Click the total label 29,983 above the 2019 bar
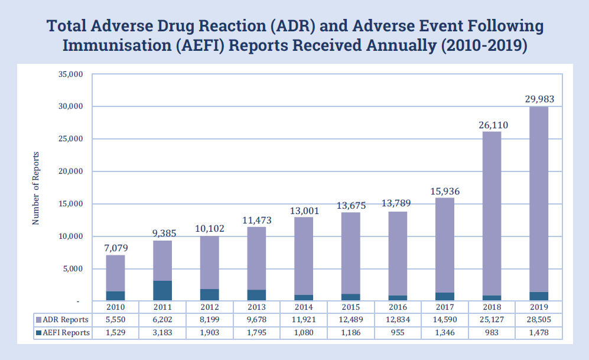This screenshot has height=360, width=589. click(x=539, y=99)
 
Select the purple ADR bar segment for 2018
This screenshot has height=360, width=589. click(x=492, y=213)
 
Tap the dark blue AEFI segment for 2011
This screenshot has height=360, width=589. click(x=162, y=291)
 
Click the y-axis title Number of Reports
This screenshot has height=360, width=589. click(x=36, y=188)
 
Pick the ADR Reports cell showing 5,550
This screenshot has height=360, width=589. click(x=115, y=320)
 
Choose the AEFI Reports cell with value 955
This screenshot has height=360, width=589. click(x=398, y=333)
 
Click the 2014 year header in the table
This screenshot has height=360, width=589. click(x=304, y=307)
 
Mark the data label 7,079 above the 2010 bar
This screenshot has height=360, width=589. click(x=115, y=248)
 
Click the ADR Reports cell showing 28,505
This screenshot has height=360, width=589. click(x=539, y=320)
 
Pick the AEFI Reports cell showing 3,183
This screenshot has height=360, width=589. click(x=162, y=333)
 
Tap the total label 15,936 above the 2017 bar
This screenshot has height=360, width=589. click(x=445, y=191)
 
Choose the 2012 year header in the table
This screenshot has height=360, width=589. click(x=210, y=307)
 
